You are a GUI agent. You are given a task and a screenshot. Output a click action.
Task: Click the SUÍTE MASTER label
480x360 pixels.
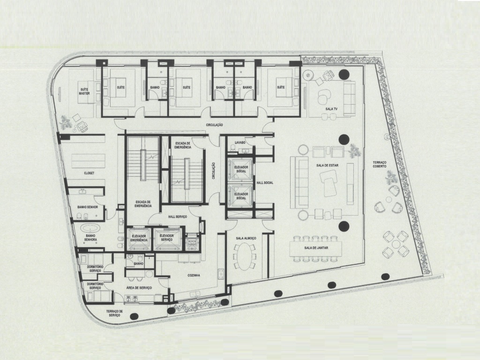point(84,91)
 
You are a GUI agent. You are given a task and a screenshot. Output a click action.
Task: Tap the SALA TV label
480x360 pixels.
point(332,109)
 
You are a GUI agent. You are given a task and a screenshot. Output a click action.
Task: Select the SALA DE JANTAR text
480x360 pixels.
point(315,247)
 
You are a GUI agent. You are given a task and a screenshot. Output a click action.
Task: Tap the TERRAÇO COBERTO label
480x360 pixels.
point(380,165)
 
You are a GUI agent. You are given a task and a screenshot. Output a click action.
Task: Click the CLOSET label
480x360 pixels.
point(89,173)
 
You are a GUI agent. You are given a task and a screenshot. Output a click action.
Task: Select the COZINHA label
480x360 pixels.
point(194,276)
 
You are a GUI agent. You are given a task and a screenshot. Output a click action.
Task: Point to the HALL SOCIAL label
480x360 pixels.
point(265,183)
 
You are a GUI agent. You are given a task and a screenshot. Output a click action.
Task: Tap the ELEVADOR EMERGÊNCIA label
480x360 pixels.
point(139,238)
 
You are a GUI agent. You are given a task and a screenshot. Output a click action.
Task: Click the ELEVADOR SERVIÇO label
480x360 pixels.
point(167,238)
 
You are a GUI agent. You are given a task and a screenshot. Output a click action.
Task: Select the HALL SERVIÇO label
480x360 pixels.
point(178,217)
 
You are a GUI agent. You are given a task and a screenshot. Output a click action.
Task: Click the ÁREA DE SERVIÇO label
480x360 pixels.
point(139,287)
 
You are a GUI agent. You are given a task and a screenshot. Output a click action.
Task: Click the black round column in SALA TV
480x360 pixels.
point(344,74)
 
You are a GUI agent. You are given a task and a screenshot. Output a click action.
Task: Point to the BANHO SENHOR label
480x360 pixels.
point(88,207)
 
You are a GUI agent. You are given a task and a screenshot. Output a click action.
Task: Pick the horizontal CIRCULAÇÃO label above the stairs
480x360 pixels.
point(214,125)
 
